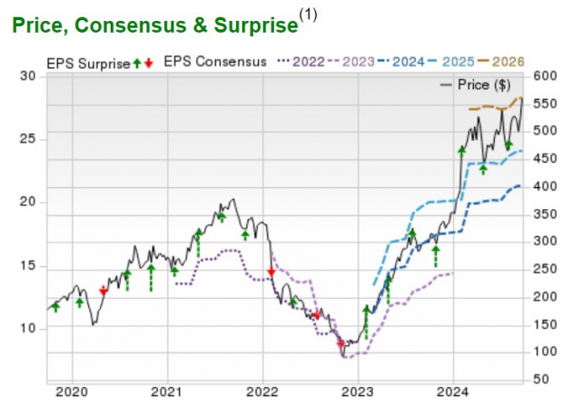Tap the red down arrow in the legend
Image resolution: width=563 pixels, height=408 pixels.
click(149, 63)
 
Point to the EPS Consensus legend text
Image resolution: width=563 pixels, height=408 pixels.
click(214, 62)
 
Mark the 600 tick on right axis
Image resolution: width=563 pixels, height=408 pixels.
click(542, 77)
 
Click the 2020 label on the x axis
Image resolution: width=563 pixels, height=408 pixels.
click(71, 393)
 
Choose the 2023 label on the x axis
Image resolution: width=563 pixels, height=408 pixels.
click(357, 393)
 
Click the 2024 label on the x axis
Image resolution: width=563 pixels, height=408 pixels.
click(453, 393)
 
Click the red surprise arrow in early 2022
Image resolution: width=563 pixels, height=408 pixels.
click(271, 272)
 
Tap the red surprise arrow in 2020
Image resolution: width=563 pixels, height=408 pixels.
click(103, 290)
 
